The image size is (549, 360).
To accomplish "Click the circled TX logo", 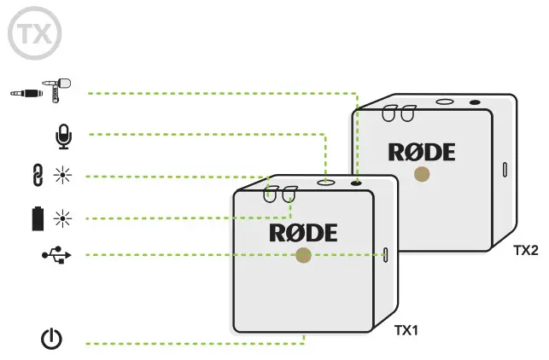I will point(32,33).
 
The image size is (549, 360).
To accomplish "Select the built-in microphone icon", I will point(61,134).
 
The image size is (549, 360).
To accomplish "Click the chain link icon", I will point(38,177).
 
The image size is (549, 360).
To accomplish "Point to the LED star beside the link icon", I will point(61,177).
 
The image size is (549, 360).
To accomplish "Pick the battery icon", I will point(38,218).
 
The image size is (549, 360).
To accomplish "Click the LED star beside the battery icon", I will point(61,218).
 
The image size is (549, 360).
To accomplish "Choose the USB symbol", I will point(51,254).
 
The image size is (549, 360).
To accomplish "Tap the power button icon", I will point(52,341).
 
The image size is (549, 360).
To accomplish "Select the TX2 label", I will point(527,250).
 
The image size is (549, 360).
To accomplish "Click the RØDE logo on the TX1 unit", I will point(303,231).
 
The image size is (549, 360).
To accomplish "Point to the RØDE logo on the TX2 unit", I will point(422,152).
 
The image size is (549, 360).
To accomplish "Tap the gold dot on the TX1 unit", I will point(303,255).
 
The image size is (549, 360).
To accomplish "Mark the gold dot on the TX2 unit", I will point(421,174).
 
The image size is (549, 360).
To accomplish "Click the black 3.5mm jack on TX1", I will point(356,182).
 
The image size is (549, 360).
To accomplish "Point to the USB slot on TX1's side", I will point(386,254).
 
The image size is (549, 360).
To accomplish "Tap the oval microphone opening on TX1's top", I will point(326,182).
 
